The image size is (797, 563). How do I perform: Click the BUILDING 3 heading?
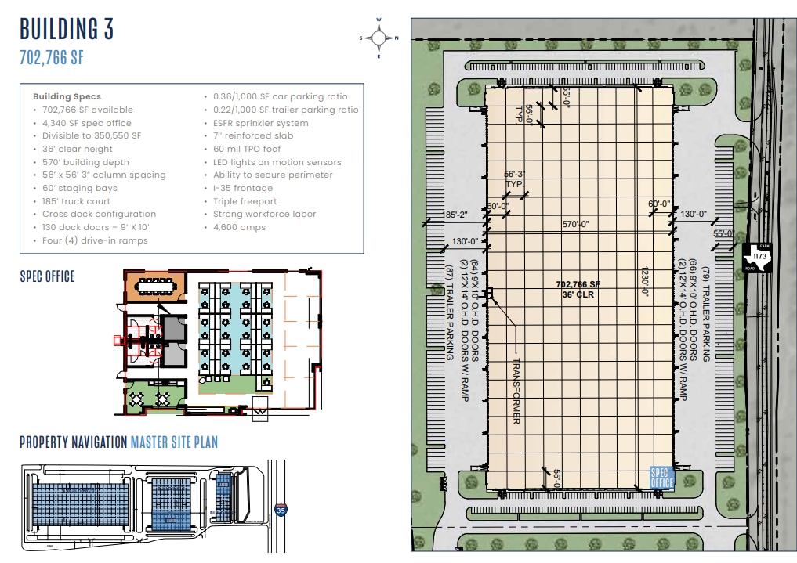[x=67, y=29]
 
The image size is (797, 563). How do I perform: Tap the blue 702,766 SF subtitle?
[x=52, y=57]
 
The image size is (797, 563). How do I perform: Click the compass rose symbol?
[x=379, y=37]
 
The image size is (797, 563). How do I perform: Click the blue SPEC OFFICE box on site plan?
[x=662, y=478]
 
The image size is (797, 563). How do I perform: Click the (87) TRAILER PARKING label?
[x=449, y=313]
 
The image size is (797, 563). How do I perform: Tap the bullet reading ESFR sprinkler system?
[x=261, y=123]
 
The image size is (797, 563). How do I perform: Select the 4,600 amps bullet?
[x=239, y=227]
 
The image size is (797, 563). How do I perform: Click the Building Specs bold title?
[x=67, y=96]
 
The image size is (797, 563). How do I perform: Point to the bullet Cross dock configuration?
[x=99, y=214]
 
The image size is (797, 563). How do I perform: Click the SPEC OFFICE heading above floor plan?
[x=47, y=276]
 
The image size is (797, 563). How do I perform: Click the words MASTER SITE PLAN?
[x=174, y=442]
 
